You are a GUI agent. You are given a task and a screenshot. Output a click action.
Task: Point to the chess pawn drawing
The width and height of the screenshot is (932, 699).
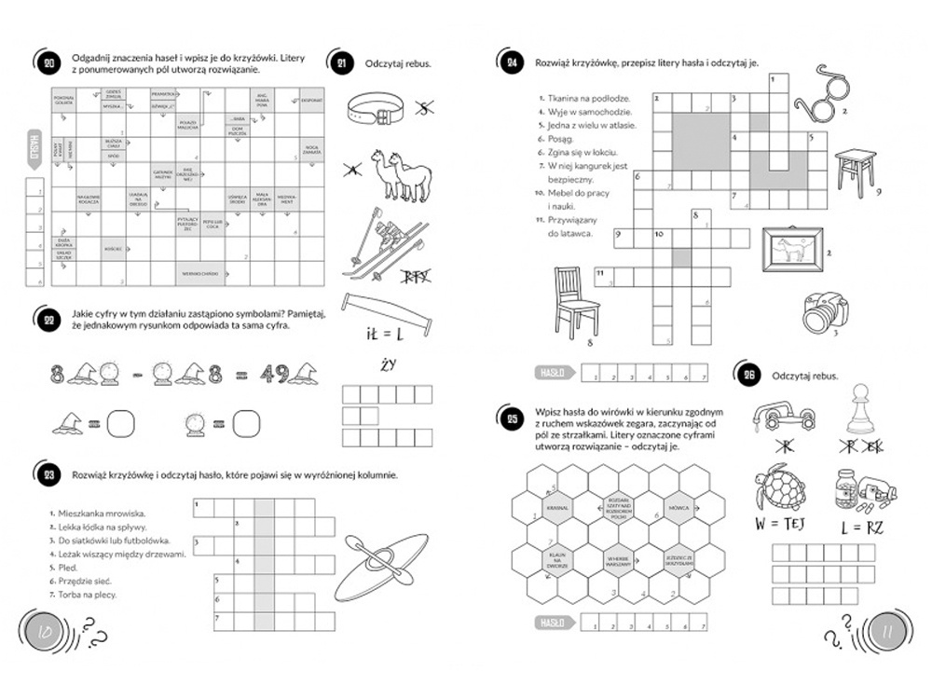click(859, 409)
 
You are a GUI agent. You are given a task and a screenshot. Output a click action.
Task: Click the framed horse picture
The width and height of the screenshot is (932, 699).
click(795, 251)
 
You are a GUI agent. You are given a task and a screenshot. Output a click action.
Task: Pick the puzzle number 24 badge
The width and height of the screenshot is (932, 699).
click(512, 63)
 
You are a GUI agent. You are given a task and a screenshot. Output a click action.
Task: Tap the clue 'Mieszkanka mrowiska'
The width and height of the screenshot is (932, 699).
click(95, 512)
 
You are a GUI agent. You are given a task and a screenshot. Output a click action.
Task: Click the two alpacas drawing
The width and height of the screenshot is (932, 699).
click(401, 174)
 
